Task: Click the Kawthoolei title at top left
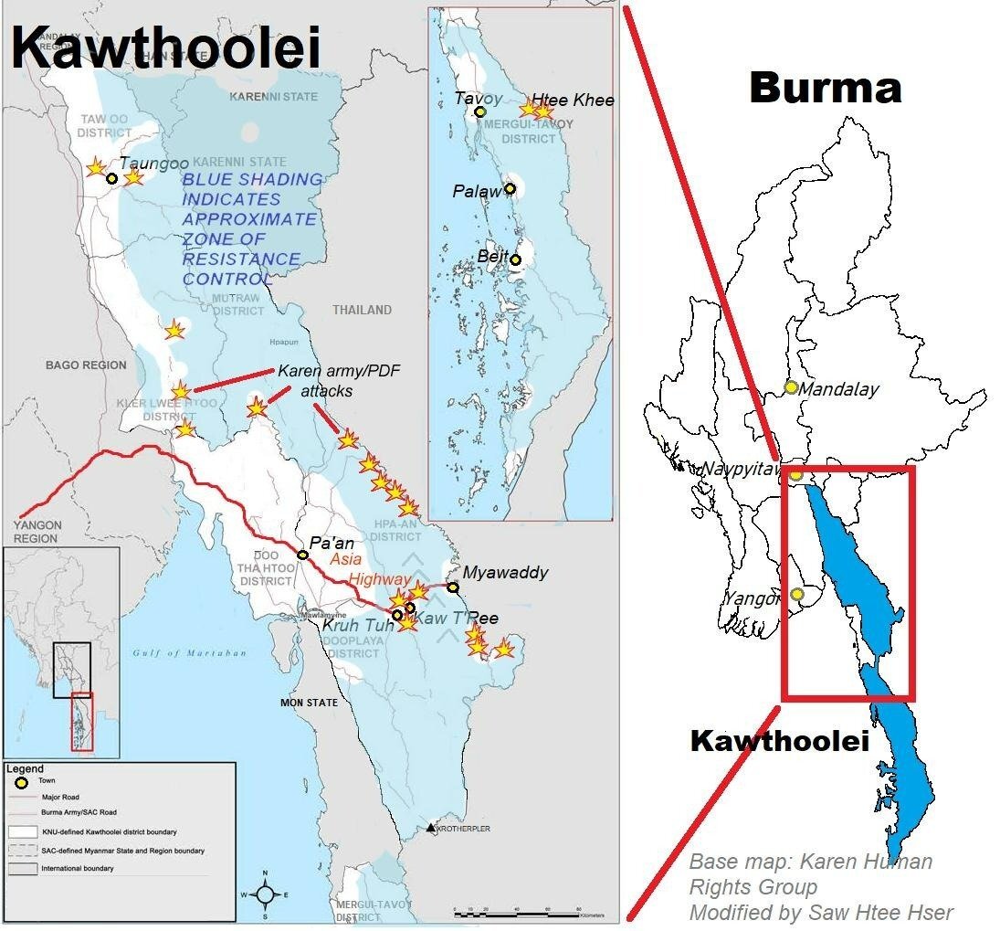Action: (x=166, y=47)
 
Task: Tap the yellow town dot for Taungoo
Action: (x=112, y=178)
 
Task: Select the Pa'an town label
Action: (x=331, y=543)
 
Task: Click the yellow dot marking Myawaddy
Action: (x=453, y=587)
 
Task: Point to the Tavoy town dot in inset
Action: (x=480, y=112)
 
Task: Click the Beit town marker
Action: (x=516, y=259)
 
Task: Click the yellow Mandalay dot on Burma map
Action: (x=791, y=387)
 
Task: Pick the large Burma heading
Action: (x=825, y=89)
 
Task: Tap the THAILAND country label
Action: (x=362, y=311)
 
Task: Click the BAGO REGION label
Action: (x=86, y=365)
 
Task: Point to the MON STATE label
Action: (x=309, y=703)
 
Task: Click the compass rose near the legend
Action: (x=264, y=894)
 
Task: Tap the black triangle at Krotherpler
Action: (x=431, y=828)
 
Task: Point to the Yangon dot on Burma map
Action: (x=798, y=595)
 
